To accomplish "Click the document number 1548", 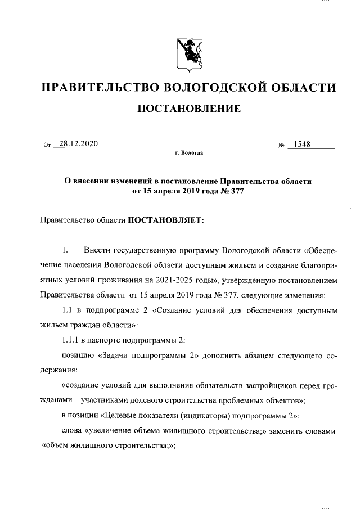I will (x=302, y=144).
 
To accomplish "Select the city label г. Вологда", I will (x=189, y=152).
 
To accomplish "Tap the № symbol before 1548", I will (x=282, y=145).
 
